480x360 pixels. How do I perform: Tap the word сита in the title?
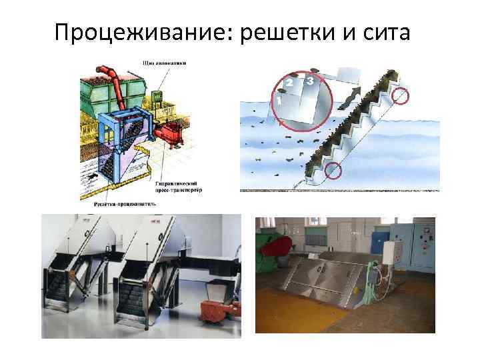coord(391,31)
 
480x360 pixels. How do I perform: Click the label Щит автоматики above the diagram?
coord(164,63)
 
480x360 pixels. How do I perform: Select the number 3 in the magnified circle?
coord(310,81)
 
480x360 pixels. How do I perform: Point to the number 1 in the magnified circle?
coord(279,99)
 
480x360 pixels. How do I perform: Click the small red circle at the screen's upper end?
coord(401,96)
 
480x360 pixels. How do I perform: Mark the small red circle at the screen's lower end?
coord(332,172)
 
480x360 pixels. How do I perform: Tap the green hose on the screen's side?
coord(378,280)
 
